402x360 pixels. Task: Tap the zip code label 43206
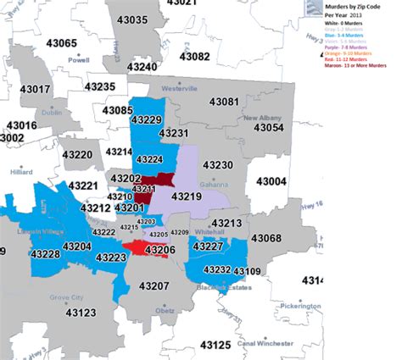159,250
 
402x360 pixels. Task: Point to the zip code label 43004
271,181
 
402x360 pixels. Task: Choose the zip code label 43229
146,121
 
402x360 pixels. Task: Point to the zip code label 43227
208,246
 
